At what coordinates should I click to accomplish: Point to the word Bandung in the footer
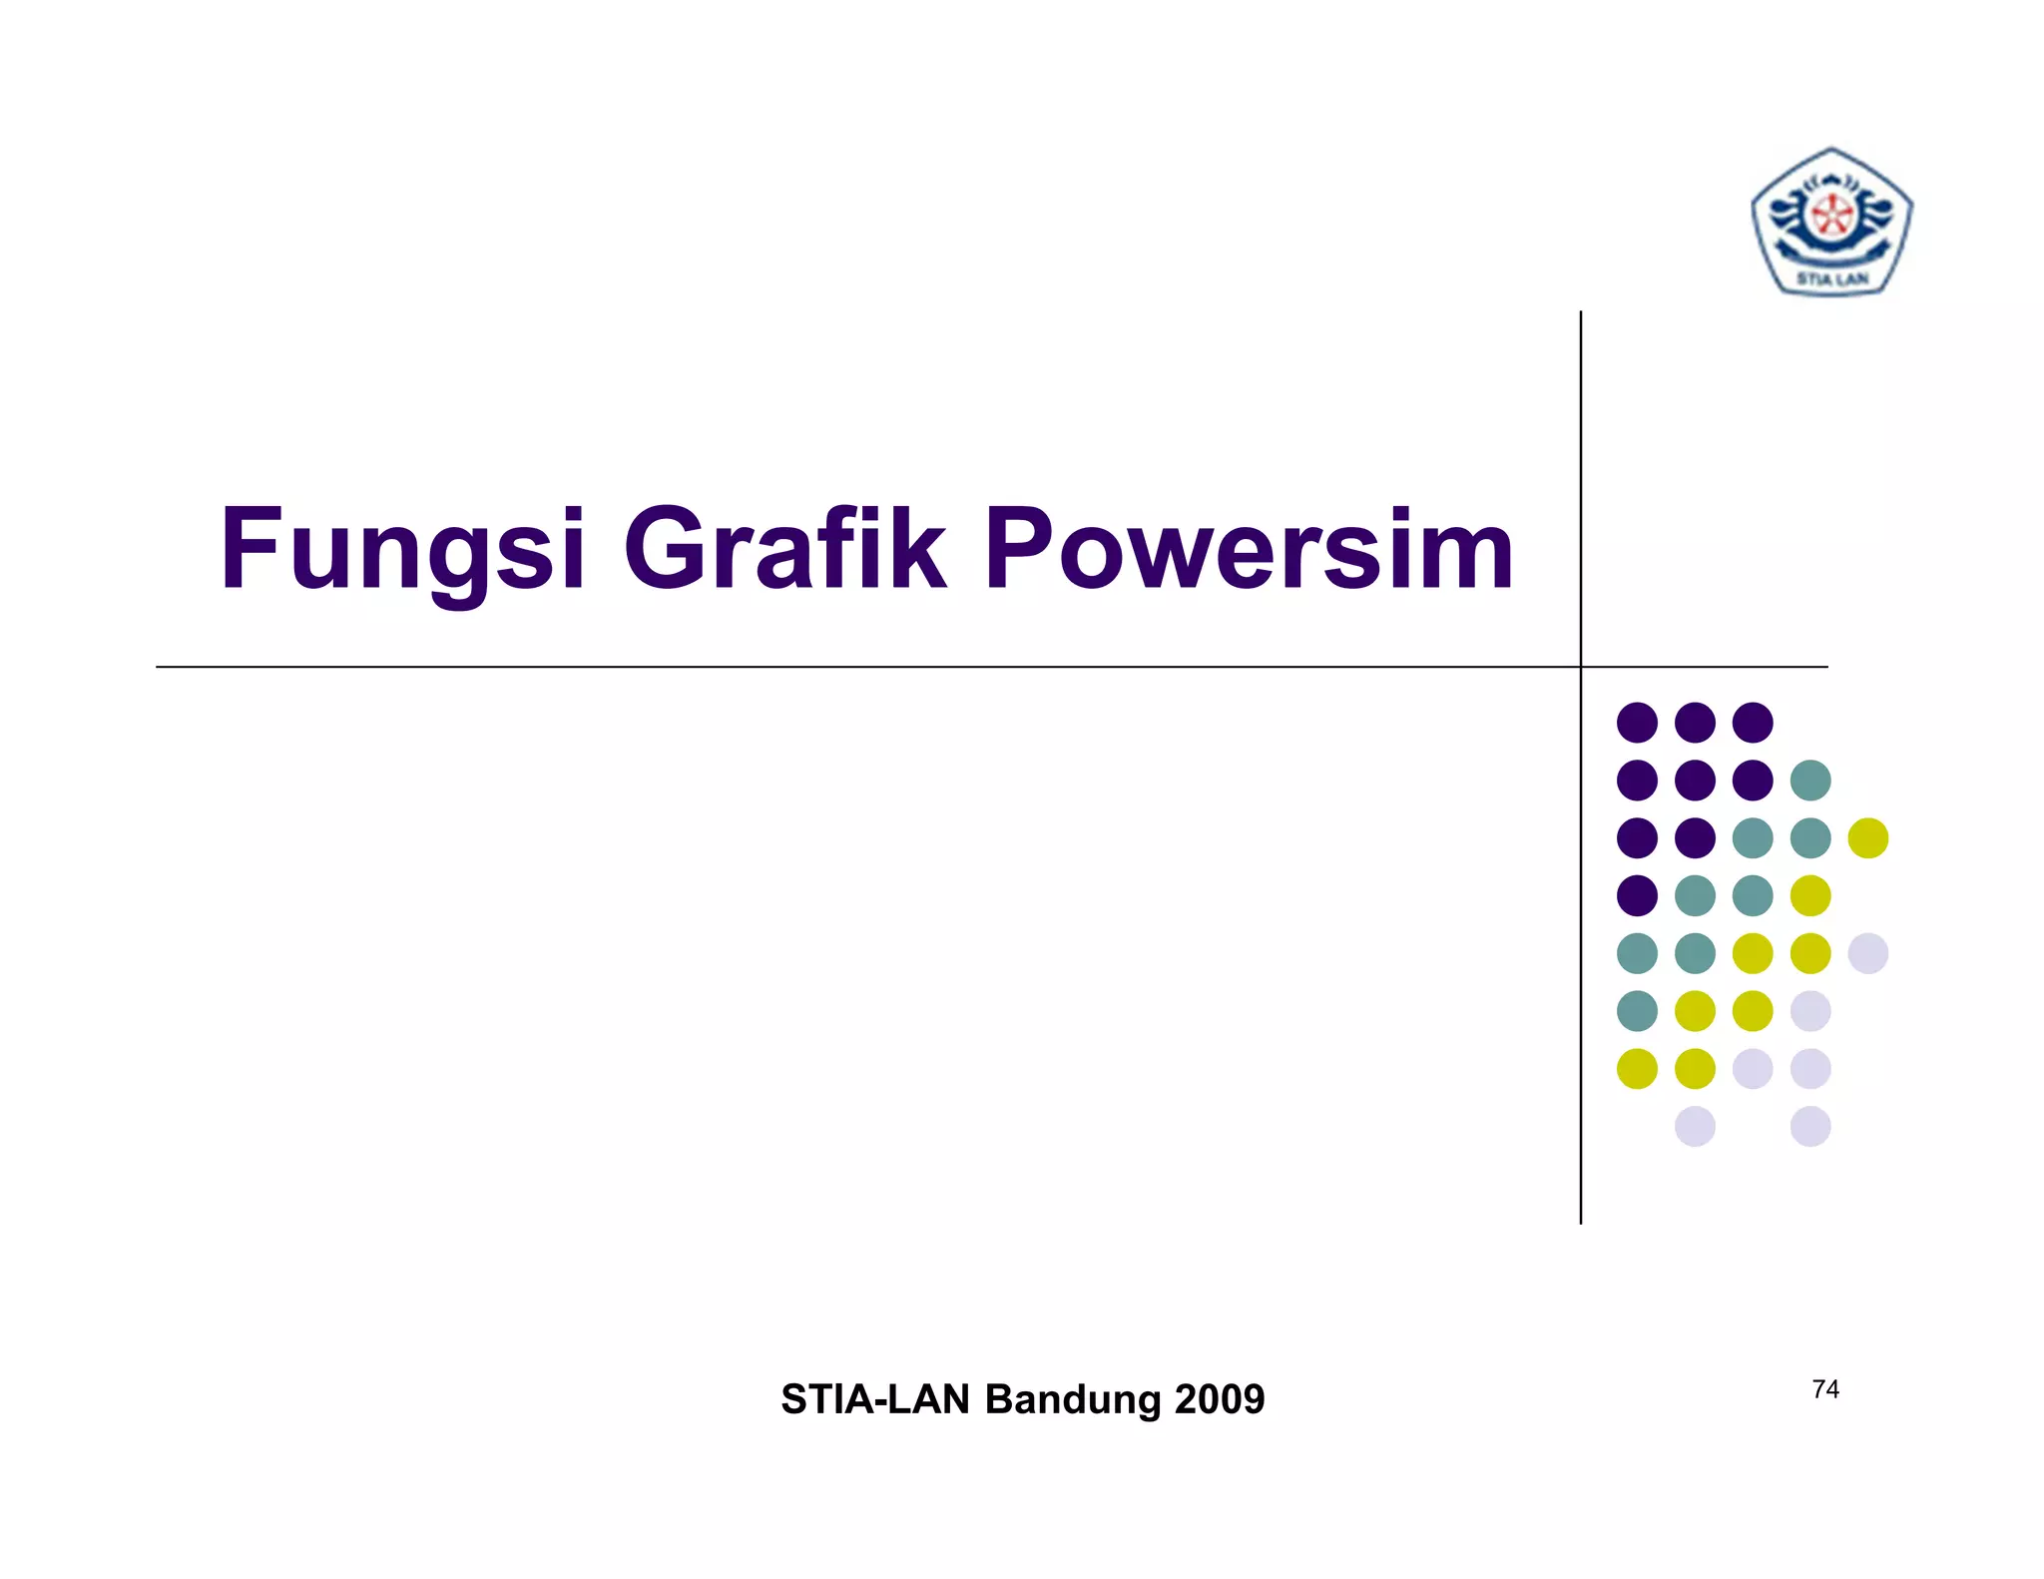pyautogui.click(x=1073, y=1399)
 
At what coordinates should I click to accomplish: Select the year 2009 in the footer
pyautogui.click(x=1220, y=1399)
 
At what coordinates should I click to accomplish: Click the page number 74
pyautogui.click(x=1825, y=1389)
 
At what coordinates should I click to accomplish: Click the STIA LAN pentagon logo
pyautogui.click(x=1831, y=222)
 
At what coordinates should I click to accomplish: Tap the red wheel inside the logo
pyautogui.click(x=1831, y=215)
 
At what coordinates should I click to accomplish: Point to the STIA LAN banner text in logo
pyautogui.click(x=1832, y=278)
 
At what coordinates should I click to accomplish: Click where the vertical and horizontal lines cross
pyautogui.click(x=1581, y=667)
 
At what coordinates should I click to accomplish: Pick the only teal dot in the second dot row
pyautogui.click(x=1810, y=781)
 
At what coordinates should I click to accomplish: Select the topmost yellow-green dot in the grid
pyautogui.click(x=1867, y=838)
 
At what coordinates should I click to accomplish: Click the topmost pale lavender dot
pyautogui.click(x=1867, y=953)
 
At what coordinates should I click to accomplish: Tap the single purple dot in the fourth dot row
pyautogui.click(x=1637, y=895)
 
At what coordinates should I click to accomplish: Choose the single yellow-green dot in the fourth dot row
pyautogui.click(x=1810, y=895)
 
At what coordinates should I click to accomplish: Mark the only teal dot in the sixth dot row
pyautogui.click(x=1637, y=1011)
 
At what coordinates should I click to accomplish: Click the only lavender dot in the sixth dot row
pyautogui.click(x=1810, y=1011)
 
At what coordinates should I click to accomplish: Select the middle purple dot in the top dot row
pyautogui.click(x=1695, y=723)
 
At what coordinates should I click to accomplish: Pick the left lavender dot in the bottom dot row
pyautogui.click(x=1695, y=1126)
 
